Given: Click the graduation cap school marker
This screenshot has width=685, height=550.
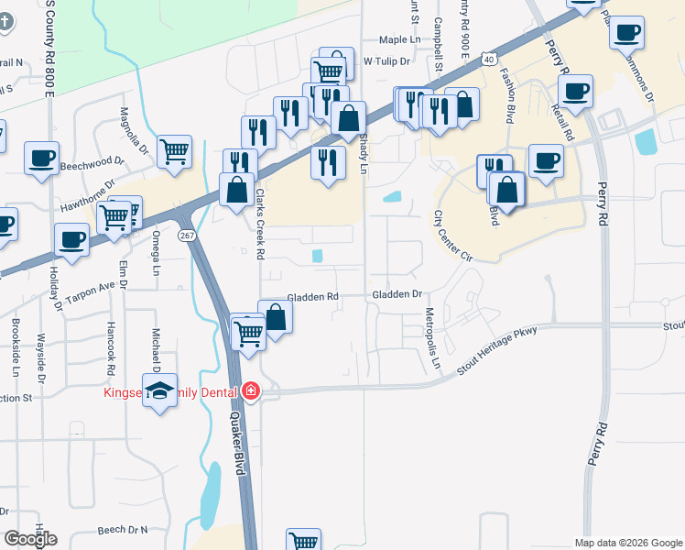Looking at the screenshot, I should click(x=160, y=391).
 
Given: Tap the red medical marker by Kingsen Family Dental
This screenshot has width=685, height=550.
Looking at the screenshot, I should click(x=250, y=392).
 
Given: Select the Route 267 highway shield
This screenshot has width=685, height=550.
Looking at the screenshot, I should click(x=185, y=236).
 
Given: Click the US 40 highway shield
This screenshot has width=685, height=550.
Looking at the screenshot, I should click(x=491, y=59).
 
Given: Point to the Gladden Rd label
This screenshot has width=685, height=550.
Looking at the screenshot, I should click(x=313, y=297).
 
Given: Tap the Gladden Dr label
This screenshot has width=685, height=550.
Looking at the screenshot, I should click(x=397, y=295).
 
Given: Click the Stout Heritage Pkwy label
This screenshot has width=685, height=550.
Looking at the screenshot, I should click(x=495, y=350).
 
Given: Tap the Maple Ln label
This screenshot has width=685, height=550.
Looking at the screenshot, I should click(x=399, y=39).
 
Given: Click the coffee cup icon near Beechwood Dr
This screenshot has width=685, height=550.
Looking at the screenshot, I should click(x=42, y=158).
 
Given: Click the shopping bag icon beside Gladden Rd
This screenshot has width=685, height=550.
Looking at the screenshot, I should click(x=276, y=317).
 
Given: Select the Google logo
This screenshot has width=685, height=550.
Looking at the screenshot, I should click(x=30, y=539).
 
